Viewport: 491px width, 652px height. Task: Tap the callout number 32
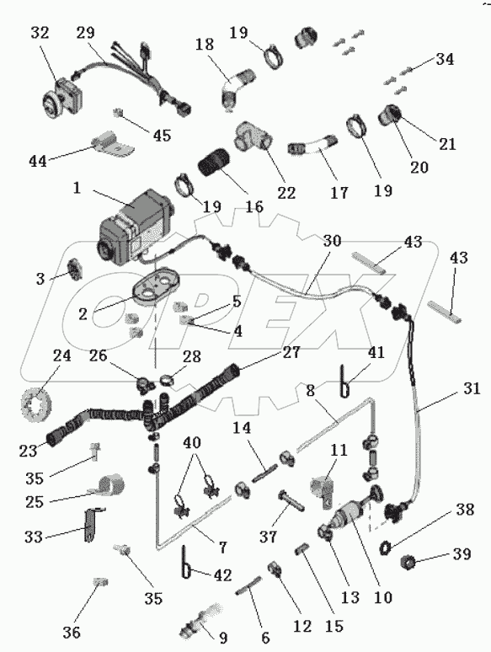tap(40, 33)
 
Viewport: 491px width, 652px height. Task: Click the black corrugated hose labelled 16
tap(214, 163)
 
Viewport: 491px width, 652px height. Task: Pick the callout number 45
tap(162, 136)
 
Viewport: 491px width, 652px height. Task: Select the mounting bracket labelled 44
tap(113, 144)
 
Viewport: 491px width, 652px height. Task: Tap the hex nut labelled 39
tap(408, 563)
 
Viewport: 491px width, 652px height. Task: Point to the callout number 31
tap(472, 389)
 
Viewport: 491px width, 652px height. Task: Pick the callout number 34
tap(445, 60)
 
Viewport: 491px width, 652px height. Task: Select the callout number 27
tap(291, 352)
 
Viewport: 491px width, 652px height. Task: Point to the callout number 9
tap(223, 637)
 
